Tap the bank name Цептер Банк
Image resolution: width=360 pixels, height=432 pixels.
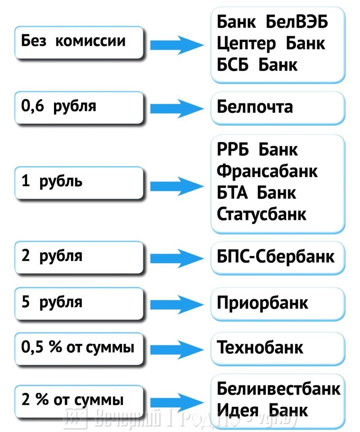pos(271,43)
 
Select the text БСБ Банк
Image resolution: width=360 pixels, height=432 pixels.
pos(257,65)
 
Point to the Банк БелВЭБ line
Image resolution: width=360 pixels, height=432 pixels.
pos(272,22)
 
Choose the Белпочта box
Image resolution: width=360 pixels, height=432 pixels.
pos(278,108)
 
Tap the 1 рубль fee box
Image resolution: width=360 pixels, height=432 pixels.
pos(78,183)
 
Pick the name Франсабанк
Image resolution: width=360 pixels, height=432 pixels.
pos(267,171)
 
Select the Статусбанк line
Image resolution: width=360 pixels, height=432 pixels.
pos(261,214)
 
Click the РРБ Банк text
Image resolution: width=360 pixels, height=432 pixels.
pos(257,150)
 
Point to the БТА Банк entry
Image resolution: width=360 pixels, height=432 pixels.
pos(256,193)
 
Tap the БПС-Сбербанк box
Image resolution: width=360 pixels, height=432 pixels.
pos(278,256)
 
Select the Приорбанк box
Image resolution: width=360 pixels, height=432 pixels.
pos(278,303)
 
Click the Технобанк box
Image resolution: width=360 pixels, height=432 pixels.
pos(278,348)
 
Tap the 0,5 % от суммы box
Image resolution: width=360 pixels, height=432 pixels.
pos(78,348)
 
